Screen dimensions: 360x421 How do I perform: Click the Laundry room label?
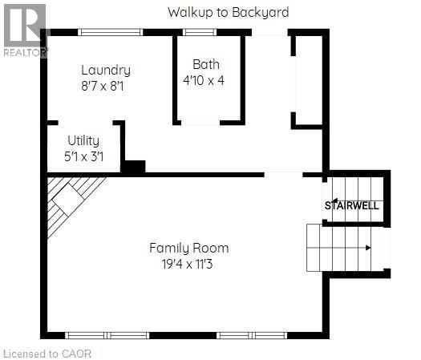pos(105,71)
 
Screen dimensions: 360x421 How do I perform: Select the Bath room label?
pos(205,64)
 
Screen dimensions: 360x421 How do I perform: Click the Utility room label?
pos(83,140)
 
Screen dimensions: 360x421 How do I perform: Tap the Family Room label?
pos(188,248)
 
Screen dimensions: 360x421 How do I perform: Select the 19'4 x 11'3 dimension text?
pos(188,263)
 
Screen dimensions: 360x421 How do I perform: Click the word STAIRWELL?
pos(351,206)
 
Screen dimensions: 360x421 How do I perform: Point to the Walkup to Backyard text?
pos(228,12)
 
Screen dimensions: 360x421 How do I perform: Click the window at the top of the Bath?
pos(199,32)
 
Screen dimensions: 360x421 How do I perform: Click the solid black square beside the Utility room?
pos(132,168)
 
